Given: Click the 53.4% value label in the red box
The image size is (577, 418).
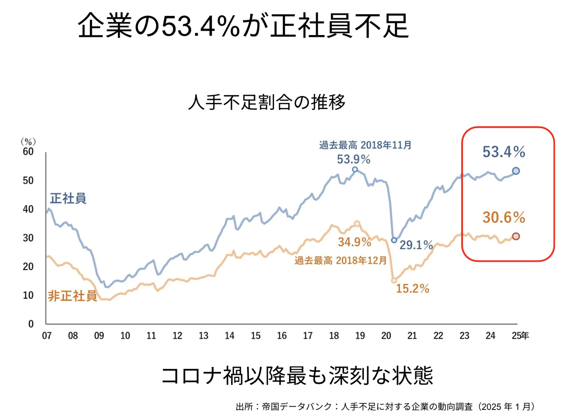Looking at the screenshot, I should pos(504,152).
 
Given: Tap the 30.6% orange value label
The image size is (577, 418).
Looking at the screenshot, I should pos(504,217).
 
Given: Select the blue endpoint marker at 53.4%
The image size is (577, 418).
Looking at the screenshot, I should pos(516,171).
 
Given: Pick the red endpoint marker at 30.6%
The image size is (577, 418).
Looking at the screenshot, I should pos(516,237).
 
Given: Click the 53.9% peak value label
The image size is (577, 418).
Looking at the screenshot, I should pos(354,159).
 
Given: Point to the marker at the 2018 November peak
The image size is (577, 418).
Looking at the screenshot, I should pos(355,170).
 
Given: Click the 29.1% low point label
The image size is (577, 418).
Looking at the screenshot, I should pos(416,244).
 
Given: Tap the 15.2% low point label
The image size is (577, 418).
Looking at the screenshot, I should pos(413,289).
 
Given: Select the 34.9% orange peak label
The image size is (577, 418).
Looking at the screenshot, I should pos(354,242).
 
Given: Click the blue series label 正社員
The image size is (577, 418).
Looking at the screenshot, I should pos(68,198).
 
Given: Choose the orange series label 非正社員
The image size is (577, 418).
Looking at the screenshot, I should pos(72,296).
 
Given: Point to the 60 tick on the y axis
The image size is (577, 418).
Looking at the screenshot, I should pos(28,152).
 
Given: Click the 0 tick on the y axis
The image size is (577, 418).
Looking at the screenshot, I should pos(31,324).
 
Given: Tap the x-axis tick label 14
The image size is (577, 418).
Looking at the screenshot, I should pos(230,336).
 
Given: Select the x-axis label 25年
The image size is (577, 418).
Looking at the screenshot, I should pos(520,336).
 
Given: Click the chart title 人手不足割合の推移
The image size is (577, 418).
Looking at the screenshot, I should pos(267,103).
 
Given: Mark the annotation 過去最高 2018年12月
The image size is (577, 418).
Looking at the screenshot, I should pos(341,260).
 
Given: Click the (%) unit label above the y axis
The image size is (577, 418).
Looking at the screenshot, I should pos(28,141).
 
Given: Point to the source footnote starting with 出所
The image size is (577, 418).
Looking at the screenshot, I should pos(386,406).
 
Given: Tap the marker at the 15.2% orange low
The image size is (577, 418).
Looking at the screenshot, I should pos(394,280).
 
